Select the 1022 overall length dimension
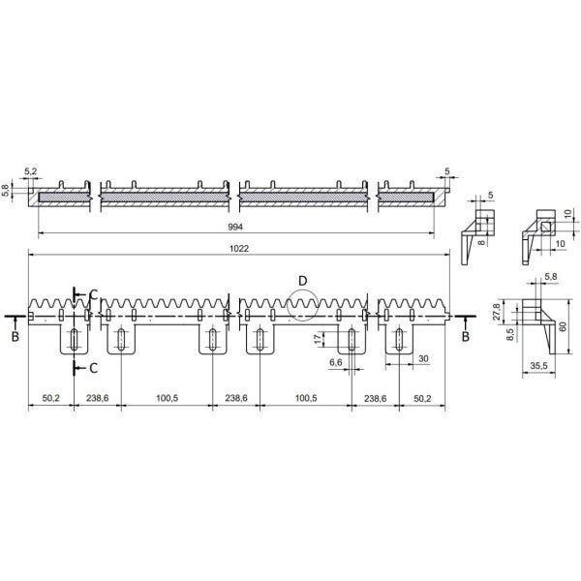click(x=239, y=248)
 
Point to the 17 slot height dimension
click(x=318, y=337)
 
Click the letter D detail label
click(x=302, y=280)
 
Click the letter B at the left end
click(x=14, y=335)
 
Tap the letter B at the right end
click(x=466, y=335)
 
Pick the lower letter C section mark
click(x=92, y=368)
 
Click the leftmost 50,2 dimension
click(x=51, y=398)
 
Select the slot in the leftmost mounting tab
click(x=74, y=340)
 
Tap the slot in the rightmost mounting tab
click(x=397, y=340)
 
